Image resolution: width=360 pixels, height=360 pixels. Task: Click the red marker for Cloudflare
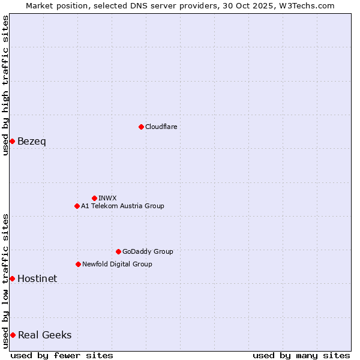(x=141, y=127)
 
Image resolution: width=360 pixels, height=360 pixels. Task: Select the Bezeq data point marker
(x=12, y=141)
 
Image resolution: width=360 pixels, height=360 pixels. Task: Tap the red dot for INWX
(x=94, y=198)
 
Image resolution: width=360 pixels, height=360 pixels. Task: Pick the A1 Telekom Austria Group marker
(x=77, y=206)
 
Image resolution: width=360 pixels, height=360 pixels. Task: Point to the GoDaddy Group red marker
(x=118, y=251)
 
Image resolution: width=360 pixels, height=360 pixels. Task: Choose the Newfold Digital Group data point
(x=78, y=264)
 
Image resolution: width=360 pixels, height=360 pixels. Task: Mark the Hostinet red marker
(x=12, y=278)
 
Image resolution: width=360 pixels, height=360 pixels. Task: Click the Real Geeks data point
(x=13, y=335)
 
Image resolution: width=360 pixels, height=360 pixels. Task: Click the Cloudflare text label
(x=161, y=127)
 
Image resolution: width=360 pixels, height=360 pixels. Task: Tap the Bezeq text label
(x=31, y=142)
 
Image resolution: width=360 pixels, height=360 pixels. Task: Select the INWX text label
(x=107, y=198)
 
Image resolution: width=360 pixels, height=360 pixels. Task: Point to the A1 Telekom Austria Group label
(x=122, y=206)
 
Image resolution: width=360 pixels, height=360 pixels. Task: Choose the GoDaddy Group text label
(x=148, y=251)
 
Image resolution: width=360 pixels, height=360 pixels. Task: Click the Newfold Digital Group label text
(x=117, y=264)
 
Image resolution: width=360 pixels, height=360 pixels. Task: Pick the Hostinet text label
(x=37, y=278)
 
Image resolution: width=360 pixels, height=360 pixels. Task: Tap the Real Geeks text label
(x=44, y=335)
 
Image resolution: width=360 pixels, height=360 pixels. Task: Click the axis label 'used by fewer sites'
(x=62, y=355)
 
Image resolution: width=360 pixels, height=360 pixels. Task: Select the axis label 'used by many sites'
(x=301, y=355)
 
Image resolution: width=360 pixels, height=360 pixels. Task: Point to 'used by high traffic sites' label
(x=5, y=85)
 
